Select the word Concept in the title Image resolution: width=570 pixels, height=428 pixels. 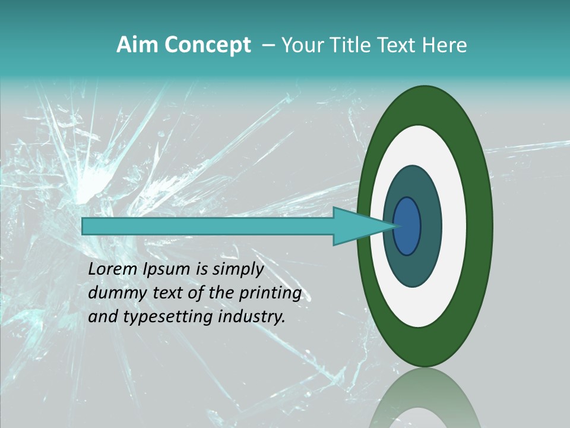pyautogui.click(x=207, y=45)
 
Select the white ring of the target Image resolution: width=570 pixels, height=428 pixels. pyautogui.click(x=454, y=226)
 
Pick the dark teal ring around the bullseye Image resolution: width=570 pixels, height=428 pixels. pyautogui.click(x=431, y=226)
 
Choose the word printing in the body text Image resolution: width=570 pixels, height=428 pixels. pyautogui.click(x=270, y=294)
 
